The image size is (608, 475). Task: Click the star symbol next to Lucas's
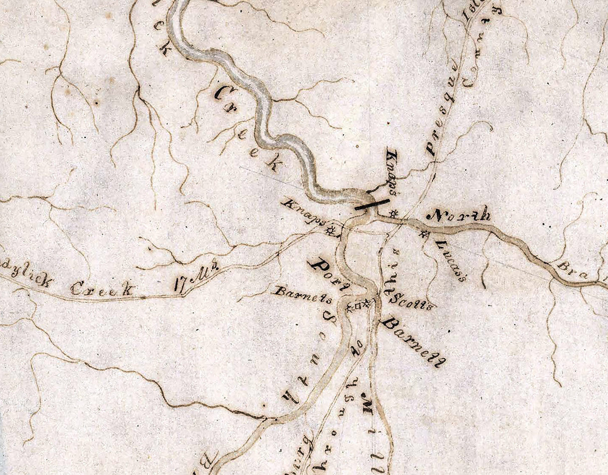click(x=425, y=234)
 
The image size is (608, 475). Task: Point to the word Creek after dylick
click(x=102, y=289)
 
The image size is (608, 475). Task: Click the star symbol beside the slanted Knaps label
click(x=330, y=231)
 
